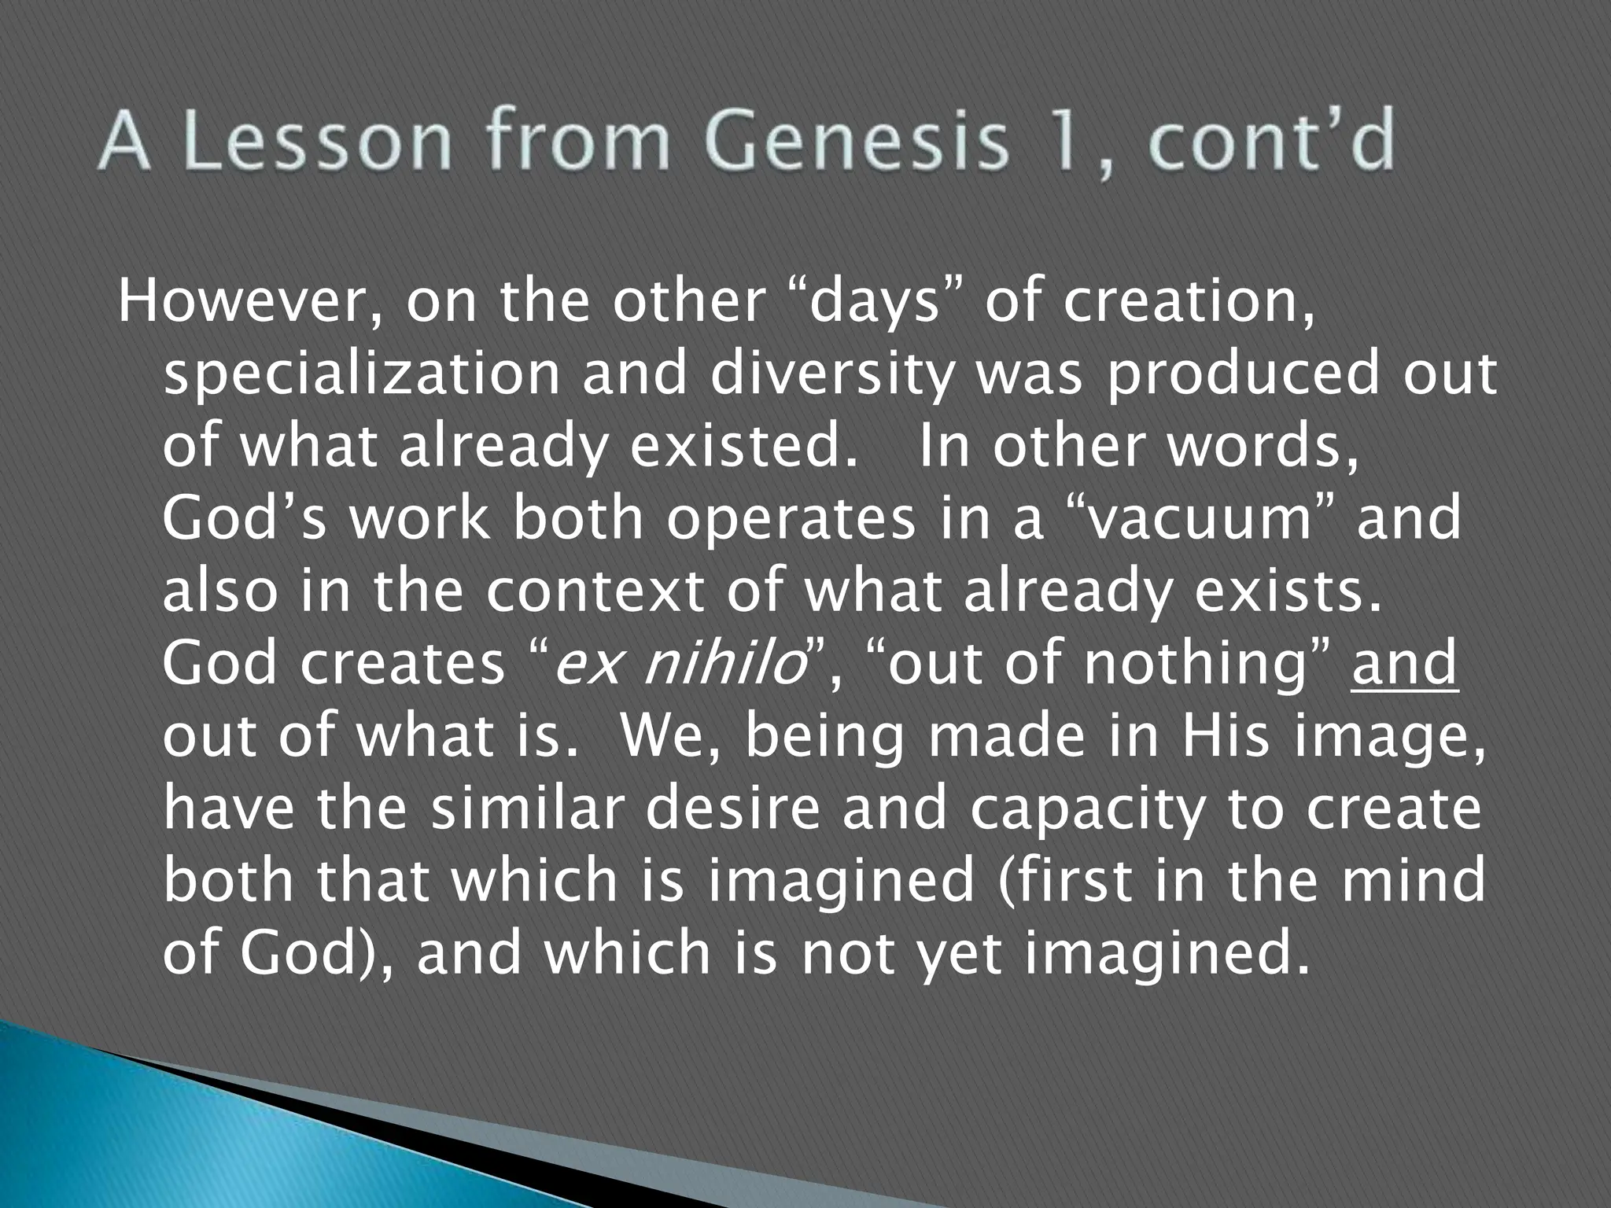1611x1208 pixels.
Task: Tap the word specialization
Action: pos(361,375)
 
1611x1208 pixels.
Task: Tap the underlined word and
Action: pos(1405,664)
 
